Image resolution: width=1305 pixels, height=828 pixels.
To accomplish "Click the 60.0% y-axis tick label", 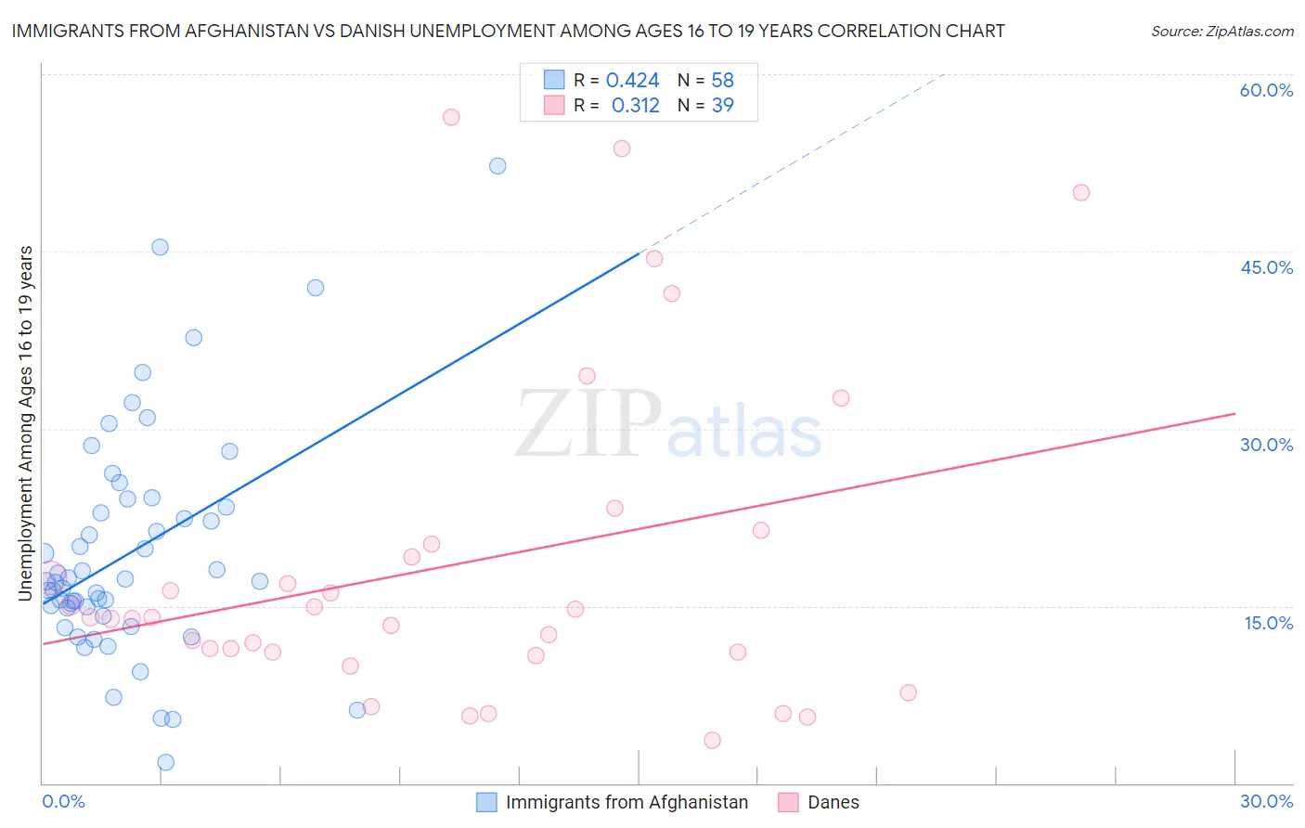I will (1266, 90).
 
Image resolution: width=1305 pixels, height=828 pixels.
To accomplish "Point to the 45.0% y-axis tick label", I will (1266, 267).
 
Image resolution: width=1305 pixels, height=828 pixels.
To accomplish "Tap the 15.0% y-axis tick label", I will (1268, 623).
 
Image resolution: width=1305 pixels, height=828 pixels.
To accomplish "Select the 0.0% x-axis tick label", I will (63, 801).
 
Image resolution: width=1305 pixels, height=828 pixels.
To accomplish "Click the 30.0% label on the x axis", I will (1266, 801).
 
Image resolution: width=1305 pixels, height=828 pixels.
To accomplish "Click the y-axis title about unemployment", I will (26, 423).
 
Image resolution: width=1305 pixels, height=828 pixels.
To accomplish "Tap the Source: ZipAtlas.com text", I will (1221, 32).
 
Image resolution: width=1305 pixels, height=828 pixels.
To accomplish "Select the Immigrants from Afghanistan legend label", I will (627, 802).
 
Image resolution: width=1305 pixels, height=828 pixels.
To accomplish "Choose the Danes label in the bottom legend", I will (833, 802).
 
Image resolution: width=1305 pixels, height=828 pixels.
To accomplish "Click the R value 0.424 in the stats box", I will (632, 81).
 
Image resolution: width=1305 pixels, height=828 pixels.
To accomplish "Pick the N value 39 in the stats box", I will (722, 106).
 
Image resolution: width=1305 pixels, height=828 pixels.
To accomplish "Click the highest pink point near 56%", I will (451, 117).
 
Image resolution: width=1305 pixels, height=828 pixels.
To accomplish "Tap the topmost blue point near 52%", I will (497, 166).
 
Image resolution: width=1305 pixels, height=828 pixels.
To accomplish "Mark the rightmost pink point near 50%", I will (1080, 193).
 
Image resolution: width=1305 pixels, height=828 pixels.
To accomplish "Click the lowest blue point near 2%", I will (166, 762).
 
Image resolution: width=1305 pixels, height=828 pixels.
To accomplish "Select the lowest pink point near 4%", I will (712, 740).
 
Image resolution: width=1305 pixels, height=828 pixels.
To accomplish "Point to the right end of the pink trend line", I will (1234, 413).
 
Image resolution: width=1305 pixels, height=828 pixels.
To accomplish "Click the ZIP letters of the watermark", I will (588, 424).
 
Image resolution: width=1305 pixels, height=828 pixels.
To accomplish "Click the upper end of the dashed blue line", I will (943, 73).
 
